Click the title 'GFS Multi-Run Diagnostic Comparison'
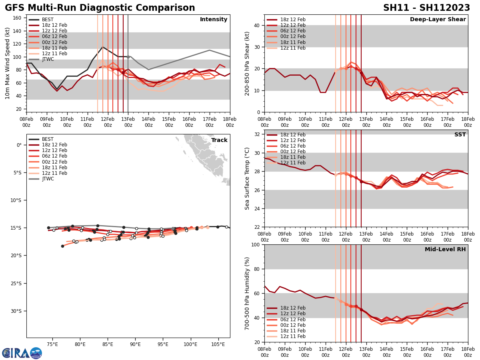tap(100, 8)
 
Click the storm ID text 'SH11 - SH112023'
tap(426, 8)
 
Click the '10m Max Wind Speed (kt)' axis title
tap(8, 63)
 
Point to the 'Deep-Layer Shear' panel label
tap(438, 20)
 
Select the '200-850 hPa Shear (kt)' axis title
tap(247, 63)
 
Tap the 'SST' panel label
tap(460, 135)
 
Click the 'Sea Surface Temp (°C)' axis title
tap(247, 178)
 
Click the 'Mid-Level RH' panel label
tap(445, 250)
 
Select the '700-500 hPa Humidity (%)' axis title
tap(247, 294)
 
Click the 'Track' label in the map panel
tap(219, 140)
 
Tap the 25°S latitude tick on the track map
tap(18, 284)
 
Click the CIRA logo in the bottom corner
tap(22, 353)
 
